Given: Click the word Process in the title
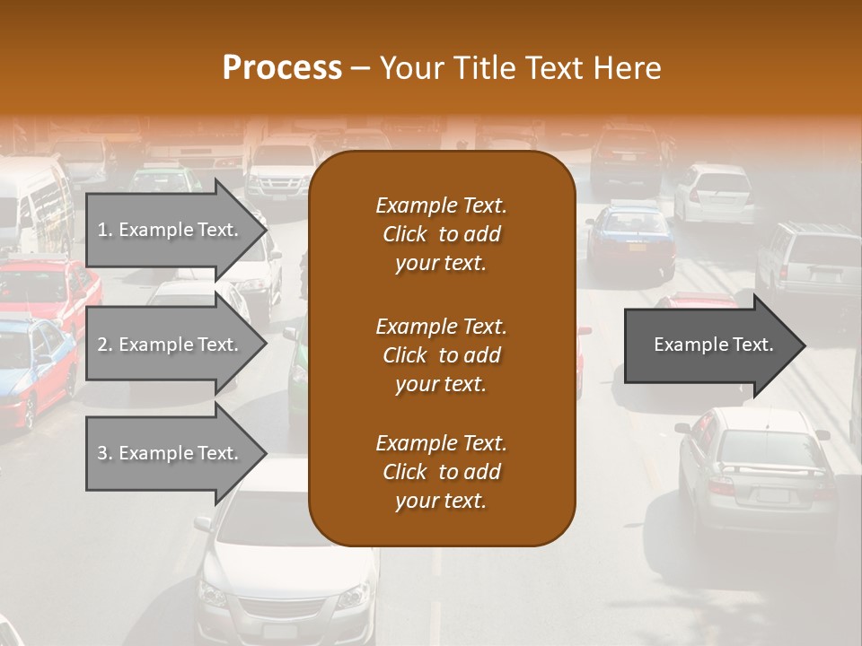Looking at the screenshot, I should [282, 68].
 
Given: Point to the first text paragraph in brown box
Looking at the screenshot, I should [441, 234].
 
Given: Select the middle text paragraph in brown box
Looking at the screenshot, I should [441, 355].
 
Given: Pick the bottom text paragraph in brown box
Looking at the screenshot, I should [441, 472].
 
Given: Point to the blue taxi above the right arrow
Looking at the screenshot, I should [630, 238].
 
